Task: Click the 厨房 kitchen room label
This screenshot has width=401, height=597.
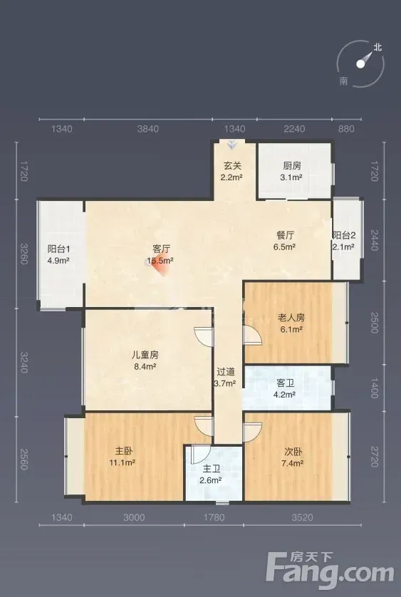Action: coord(292,165)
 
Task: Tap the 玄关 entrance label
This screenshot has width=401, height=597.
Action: coord(232,165)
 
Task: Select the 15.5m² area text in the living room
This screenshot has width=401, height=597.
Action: coord(160,261)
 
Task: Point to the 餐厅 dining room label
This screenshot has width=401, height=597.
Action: coord(285,235)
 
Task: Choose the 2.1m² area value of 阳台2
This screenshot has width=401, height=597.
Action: coord(343,246)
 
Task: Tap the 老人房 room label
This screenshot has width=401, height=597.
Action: coord(291,317)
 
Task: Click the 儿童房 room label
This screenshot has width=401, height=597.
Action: coord(145,355)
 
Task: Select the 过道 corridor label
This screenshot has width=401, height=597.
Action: coord(226,372)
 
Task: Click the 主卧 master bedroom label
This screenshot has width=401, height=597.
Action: coord(124,451)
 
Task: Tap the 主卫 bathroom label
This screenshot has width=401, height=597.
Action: coord(211,469)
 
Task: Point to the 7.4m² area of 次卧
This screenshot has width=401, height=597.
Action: coord(293,463)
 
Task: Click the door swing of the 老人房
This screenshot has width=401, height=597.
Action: coord(253,336)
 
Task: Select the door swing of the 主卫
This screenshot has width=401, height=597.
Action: coord(201,454)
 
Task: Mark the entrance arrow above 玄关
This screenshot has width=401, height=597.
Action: coord(231,145)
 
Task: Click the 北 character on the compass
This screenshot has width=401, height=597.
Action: coord(377,47)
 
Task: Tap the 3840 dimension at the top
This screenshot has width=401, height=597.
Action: coord(147,129)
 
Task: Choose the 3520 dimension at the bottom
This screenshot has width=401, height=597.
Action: coord(303,517)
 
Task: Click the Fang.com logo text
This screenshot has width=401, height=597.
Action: coord(330,571)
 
